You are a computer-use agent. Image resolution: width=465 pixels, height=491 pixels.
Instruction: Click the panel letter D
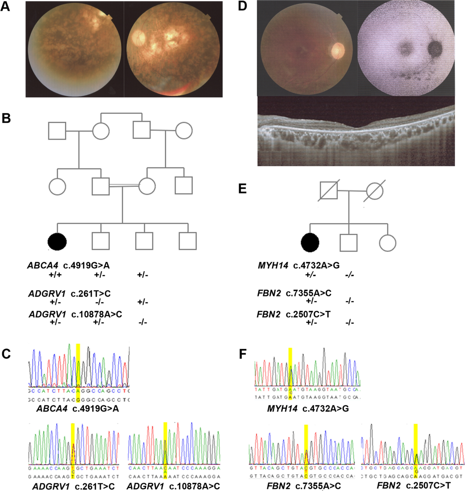243,7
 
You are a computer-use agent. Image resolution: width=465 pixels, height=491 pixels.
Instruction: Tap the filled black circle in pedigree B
57,241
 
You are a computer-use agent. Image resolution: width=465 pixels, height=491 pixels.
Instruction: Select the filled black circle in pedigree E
310,242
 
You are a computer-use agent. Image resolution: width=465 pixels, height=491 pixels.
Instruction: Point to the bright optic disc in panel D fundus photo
338,49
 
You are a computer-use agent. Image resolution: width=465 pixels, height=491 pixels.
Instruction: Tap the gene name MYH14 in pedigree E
273,265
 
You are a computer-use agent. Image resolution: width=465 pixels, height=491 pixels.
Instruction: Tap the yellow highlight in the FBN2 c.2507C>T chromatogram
416,444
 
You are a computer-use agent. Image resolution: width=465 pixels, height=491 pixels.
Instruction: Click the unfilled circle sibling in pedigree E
387,243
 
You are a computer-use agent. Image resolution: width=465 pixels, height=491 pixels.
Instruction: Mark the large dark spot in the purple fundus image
436,47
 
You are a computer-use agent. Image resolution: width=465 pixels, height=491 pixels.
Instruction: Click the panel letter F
243,353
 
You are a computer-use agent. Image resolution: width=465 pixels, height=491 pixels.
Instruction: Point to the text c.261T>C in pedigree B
91,294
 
